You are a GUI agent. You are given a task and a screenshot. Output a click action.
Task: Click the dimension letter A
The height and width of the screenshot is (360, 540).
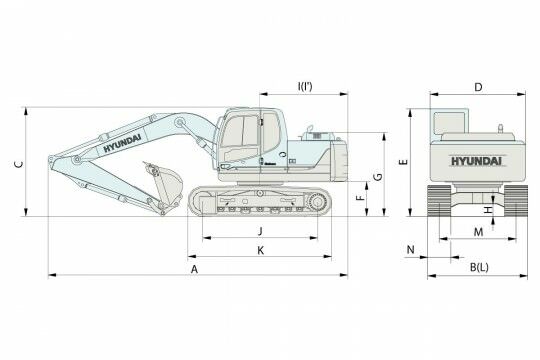pos(195,269)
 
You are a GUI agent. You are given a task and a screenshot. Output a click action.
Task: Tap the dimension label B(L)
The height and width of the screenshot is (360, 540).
pos(479,267)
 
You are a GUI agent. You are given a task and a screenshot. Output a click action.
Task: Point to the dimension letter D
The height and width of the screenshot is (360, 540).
pos(478,88)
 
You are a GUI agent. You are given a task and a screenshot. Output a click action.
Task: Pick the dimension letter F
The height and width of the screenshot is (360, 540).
pos(360,198)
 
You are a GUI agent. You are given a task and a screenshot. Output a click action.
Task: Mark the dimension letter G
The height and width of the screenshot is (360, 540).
pos(378,177)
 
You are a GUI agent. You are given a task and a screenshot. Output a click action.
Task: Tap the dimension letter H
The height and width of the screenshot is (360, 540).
pos(488,209)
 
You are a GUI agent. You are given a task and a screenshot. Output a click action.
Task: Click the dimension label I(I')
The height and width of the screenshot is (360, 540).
pos(305,86)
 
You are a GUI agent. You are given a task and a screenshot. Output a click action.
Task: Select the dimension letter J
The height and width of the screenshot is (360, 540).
pos(260,231)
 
